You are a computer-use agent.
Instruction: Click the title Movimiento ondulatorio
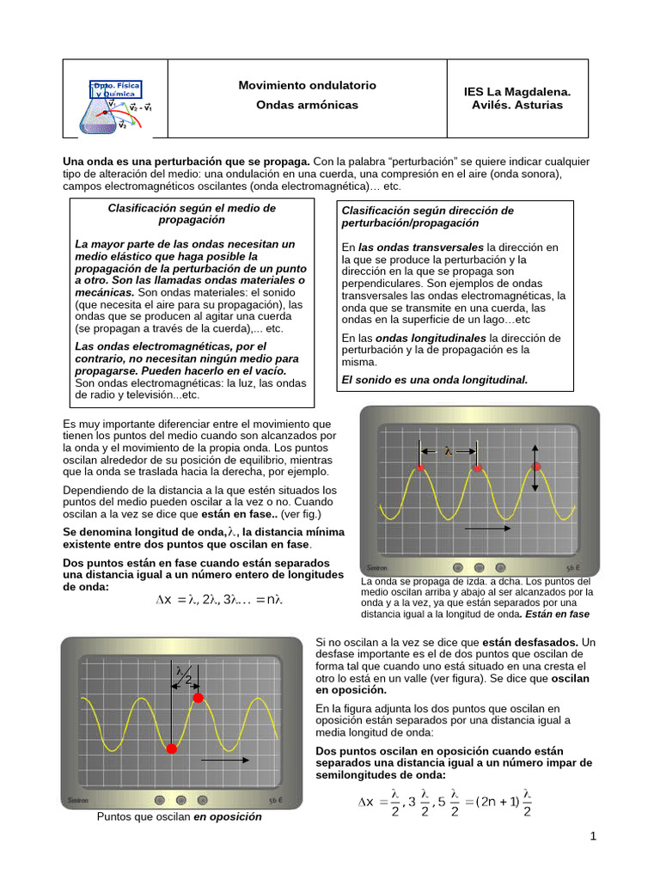point(307,86)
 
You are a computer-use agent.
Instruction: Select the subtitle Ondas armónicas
point(307,105)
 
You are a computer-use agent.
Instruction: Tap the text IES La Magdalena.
point(516,91)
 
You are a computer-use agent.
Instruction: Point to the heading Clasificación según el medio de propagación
point(192,213)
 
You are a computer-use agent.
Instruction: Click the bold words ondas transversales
point(421,247)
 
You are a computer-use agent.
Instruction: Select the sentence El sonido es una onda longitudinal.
point(435,379)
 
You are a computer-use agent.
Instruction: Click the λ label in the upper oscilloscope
point(449,449)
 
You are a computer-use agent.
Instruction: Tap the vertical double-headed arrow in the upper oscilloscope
point(535,467)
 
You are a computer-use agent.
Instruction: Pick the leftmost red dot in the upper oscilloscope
point(420,467)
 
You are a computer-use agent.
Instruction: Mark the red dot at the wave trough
point(171,749)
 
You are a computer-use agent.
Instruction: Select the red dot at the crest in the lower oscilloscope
point(199,698)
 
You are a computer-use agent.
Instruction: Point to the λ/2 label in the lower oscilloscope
point(184,675)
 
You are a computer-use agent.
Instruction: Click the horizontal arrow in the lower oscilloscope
point(225,760)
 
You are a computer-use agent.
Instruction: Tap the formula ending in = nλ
point(219,599)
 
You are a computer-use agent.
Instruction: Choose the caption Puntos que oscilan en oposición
point(179,817)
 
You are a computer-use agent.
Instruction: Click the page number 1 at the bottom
point(593,837)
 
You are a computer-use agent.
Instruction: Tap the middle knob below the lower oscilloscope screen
point(179,799)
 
